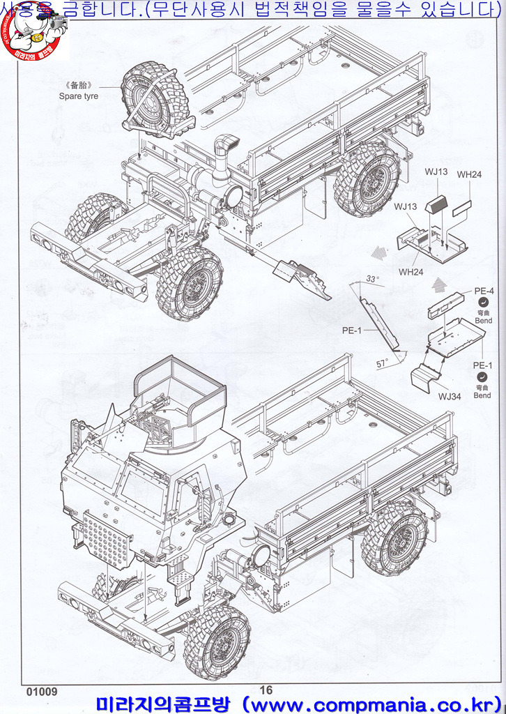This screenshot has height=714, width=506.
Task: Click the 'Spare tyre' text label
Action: (x=78, y=96)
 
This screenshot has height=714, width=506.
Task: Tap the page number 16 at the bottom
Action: (x=266, y=690)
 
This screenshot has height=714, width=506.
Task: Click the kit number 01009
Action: (x=42, y=692)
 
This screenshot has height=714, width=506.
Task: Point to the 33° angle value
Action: (x=373, y=279)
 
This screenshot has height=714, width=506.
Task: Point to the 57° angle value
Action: (x=381, y=363)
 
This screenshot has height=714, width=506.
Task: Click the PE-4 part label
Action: (x=484, y=291)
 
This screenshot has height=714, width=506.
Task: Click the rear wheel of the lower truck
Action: (x=394, y=537)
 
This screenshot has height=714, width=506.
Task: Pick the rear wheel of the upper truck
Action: (x=367, y=179)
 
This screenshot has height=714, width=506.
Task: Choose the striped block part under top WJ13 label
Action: (x=437, y=205)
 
